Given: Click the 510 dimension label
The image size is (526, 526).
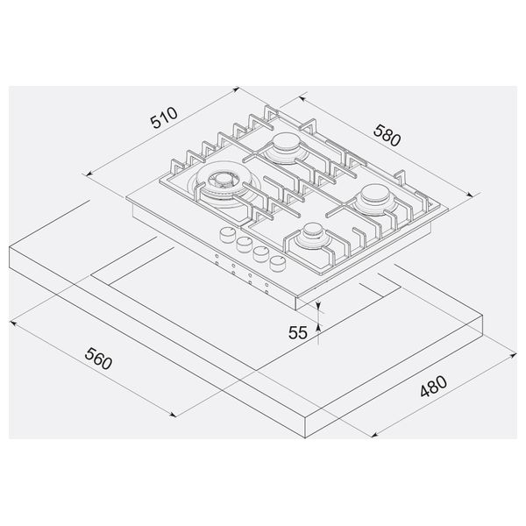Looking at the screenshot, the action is point(164,117).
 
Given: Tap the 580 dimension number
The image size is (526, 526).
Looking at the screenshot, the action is point(387,136).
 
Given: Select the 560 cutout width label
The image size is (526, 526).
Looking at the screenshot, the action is point(98,359).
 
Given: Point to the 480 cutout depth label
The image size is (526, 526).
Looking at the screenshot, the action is point(433,386).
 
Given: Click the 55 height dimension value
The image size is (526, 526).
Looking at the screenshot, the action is point(297,333).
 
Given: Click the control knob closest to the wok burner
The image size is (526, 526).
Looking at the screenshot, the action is point(228,234).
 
